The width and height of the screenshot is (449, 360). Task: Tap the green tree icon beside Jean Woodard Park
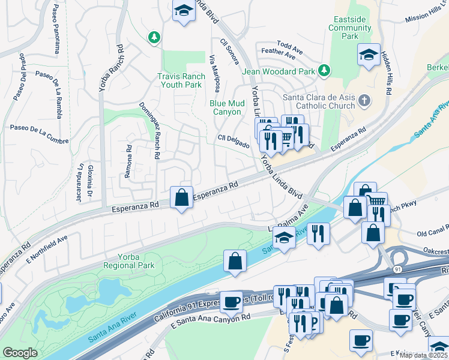pyautogui.click(x=325, y=71)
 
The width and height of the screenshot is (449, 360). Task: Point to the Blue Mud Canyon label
pyautogui.click(x=226, y=107)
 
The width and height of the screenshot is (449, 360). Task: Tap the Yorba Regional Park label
pyautogui.click(x=129, y=261)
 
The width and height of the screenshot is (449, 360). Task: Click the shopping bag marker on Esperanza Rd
pyautogui.click(x=181, y=198)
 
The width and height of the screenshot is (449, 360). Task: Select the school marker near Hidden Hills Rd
pyautogui.click(x=369, y=55)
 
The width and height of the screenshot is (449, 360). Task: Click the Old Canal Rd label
pyautogui.click(x=433, y=233)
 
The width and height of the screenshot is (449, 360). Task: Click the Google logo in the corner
pyautogui.click(x=20, y=353)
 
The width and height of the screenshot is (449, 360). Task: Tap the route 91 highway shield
pyautogui.click(x=398, y=270)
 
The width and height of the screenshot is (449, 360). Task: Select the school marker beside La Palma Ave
pyautogui.click(x=283, y=236)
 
